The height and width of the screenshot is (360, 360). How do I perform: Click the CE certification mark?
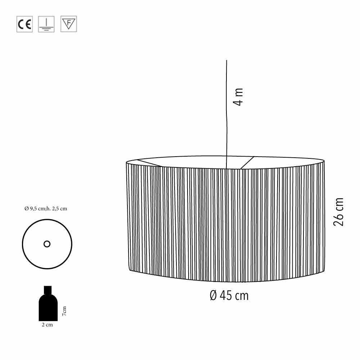coord(24,24)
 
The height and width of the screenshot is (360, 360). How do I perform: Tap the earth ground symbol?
coord(46,24)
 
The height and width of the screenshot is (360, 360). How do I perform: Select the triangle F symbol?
coord(69,24)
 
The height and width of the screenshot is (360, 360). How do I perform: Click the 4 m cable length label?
coord(238,96)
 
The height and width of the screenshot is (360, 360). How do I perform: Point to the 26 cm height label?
coord(338,212)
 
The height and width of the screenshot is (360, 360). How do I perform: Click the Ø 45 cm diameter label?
coord(229,296)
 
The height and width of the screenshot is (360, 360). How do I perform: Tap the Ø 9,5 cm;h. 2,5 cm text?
coord(46,208)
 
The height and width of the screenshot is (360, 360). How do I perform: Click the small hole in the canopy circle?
coord(47,244)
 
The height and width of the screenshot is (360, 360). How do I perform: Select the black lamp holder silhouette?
coord(48,303)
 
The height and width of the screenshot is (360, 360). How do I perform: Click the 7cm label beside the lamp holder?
coord(64,311)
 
